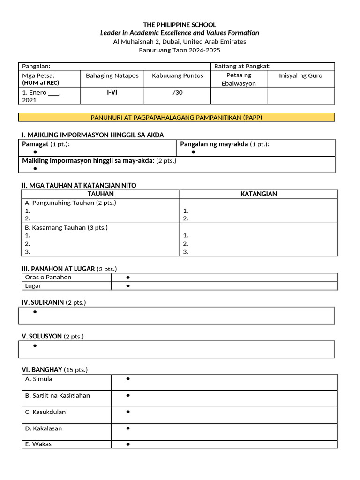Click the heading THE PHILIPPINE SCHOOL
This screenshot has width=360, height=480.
coord(180,24)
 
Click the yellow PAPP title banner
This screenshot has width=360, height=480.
coord(176,117)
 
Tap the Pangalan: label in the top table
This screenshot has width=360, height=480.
coord(36,67)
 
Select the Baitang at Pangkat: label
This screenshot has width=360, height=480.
coord(242,67)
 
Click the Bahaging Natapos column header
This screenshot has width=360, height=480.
coord(112,75)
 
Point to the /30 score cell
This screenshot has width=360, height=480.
coord(177,93)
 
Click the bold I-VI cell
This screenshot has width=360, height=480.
coord(112,92)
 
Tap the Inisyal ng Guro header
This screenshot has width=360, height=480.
coord(300,75)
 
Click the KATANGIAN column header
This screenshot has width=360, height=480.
coord(258,194)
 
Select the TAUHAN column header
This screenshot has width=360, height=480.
coord(100,194)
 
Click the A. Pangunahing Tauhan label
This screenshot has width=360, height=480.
coord(70,203)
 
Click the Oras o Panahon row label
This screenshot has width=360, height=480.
coord(48,277)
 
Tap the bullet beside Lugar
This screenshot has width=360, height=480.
coord(127,286)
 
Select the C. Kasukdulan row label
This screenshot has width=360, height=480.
coord(45,412)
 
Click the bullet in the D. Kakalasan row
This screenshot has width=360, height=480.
coord(127,428)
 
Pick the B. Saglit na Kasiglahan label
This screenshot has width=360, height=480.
coord(57,396)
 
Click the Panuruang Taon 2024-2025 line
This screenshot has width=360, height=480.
coord(180,50)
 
